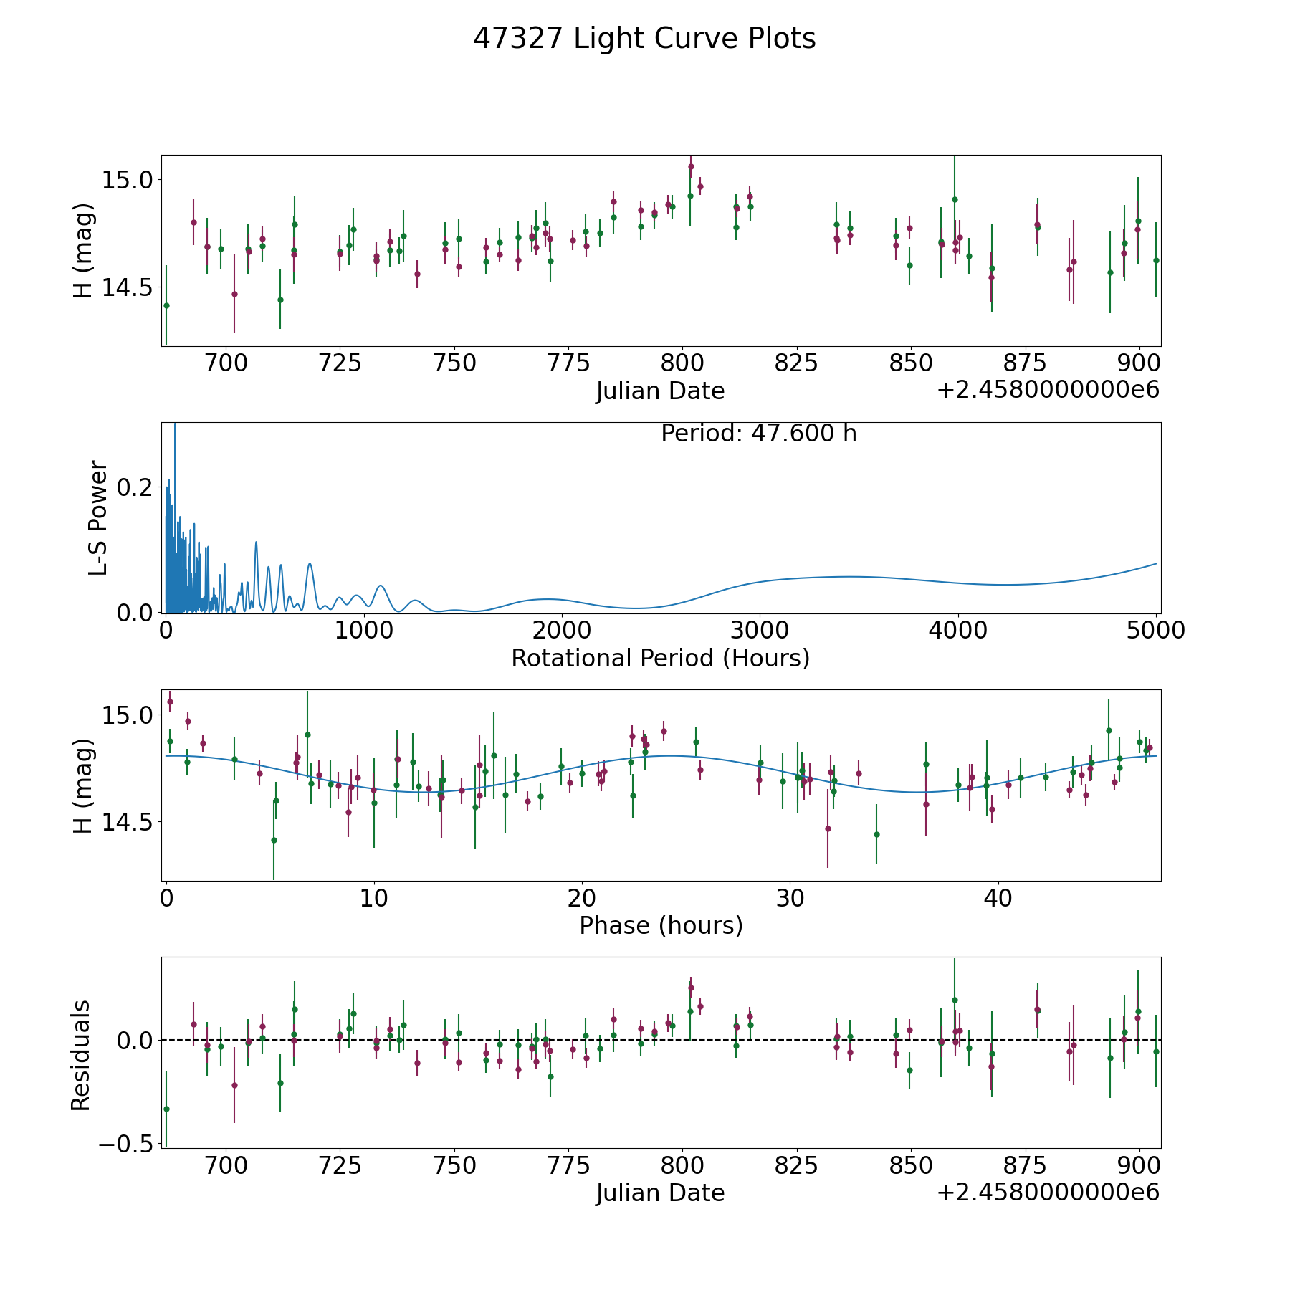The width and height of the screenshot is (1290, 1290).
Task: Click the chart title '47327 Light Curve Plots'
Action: (644, 39)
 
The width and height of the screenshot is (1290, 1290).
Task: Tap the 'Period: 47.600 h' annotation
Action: (758, 434)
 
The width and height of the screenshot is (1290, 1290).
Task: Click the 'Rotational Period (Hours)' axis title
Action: (660, 658)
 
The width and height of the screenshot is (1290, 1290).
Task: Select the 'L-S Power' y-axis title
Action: (98, 517)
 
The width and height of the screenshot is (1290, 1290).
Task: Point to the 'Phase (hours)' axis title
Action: (661, 926)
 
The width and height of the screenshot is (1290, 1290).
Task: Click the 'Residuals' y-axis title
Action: (80, 1055)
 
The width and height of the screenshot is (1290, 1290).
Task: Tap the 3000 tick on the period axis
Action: (759, 631)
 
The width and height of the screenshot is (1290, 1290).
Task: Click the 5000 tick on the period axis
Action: (1155, 631)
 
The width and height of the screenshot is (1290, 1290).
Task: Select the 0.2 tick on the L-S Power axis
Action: (135, 487)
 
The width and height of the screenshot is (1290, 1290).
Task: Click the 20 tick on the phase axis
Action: (582, 898)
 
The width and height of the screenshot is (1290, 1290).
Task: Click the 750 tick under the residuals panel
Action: (454, 1165)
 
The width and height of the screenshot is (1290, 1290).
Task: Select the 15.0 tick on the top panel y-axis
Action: (128, 180)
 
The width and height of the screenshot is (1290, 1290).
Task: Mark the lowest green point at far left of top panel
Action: (166, 305)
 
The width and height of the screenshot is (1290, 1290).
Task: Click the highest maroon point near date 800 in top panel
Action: (691, 166)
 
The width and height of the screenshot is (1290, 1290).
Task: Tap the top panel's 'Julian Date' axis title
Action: (660, 391)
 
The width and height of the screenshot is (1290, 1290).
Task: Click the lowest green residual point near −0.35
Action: (166, 1109)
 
